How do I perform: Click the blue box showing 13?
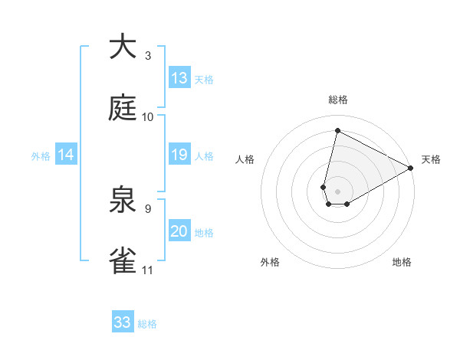coord(179,78)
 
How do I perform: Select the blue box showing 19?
coord(179,155)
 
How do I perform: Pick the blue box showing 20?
coord(179,231)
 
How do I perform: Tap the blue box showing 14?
coord(66,155)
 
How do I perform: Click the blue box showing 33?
coord(123,322)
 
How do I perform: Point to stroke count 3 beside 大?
coord(148,56)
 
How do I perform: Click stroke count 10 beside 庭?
coord(148,117)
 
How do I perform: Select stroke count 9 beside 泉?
coord(148,208)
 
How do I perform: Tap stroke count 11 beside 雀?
coord(148,270)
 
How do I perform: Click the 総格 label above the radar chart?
coord(338,100)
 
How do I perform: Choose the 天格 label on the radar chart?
coord(431,159)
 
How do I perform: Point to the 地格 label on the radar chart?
coord(402,262)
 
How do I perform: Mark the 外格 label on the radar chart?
coord(270,262)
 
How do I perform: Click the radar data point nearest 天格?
coord(411,169)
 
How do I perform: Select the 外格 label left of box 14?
coord(41,155)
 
